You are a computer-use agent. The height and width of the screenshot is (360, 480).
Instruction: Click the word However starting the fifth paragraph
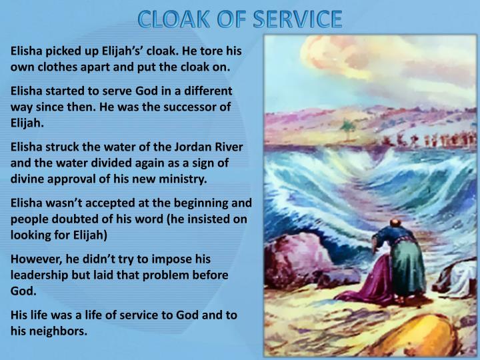click(37, 259)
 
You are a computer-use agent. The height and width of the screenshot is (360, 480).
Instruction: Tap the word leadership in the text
click(42, 275)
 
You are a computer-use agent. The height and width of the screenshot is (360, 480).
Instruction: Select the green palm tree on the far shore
click(347, 127)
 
